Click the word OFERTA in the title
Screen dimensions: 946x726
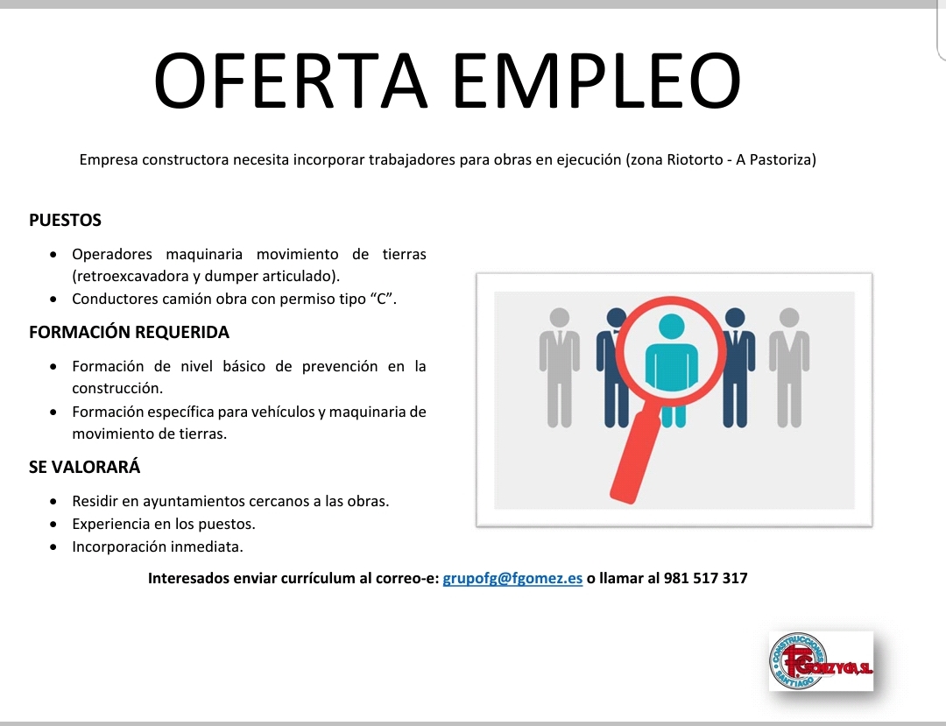[x=290, y=81]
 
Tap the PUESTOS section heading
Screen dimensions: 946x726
[x=65, y=220]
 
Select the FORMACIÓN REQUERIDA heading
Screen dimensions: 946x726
[x=129, y=332]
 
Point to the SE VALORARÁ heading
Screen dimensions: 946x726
[x=84, y=467]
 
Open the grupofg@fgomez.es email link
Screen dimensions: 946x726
[x=512, y=578]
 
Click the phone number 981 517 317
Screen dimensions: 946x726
[x=705, y=578]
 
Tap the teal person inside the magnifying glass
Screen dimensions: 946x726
[x=672, y=369]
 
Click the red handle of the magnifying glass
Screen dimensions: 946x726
[x=635, y=456]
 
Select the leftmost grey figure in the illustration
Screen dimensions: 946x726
[x=559, y=367]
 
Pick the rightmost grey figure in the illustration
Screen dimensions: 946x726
[x=789, y=367]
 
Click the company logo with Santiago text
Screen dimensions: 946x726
[x=821, y=661]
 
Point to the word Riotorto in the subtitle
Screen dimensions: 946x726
[x=695, y=159]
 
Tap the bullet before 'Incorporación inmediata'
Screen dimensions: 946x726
[x=54, y=547]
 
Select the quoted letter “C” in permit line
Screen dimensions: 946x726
[x=381, y=300]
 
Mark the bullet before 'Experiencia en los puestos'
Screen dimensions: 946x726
[x=54, y=525]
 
